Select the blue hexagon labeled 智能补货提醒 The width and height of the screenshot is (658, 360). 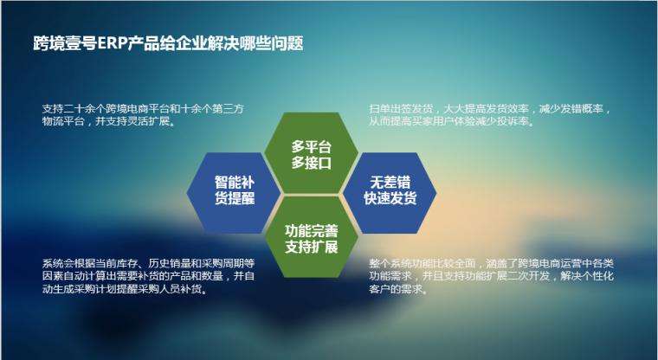[x=234, y=190]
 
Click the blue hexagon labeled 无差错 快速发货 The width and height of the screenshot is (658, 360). [x=390, y=190]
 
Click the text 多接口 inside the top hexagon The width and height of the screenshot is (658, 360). [x=312, y=163]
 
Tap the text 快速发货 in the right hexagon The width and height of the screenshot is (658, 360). [x=390, y=198]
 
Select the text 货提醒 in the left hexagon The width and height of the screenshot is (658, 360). [x=234, y=198]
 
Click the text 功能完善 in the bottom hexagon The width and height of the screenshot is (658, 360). [x=312, y=230]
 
